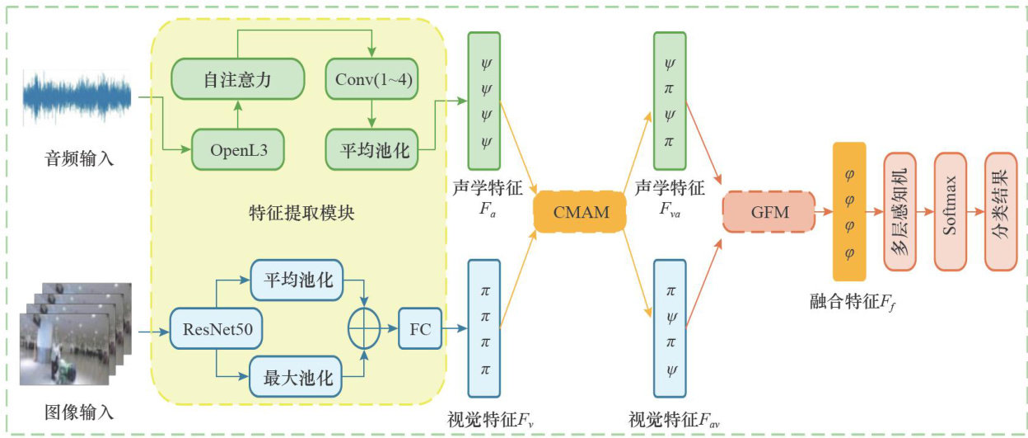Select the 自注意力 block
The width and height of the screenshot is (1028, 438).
(237, 81)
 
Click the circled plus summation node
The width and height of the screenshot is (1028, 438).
(364, 332)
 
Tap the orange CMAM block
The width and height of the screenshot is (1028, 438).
(582, 212)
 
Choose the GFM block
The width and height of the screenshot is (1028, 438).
(769, 212)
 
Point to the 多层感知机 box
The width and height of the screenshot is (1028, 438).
(899, 212)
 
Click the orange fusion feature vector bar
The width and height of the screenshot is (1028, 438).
(849, 212)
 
